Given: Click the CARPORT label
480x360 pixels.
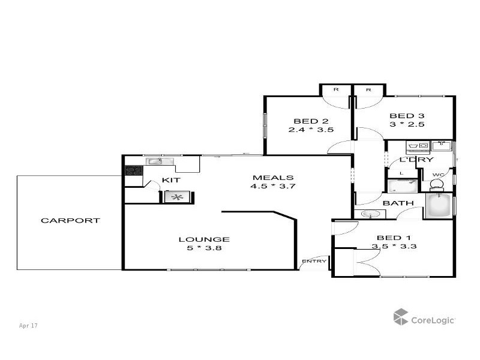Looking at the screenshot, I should [70, 221].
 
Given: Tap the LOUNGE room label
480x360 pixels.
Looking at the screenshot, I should [204, 239].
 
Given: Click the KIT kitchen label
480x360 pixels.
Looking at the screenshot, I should [171, 180].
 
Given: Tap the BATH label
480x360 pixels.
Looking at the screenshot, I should [398, 203].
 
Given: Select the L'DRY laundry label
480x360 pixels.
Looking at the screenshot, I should [416, 160].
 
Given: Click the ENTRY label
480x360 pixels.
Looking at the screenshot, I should [314, 261].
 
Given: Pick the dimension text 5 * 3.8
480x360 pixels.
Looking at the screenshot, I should [204, 248].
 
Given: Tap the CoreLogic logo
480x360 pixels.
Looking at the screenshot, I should [424, 319].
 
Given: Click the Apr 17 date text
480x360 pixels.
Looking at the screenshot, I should [28, 326].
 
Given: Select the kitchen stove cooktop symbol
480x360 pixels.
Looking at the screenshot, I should [133, 170].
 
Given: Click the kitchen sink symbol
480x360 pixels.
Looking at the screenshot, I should [154, 161].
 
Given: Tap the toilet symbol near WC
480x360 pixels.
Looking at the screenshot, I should [436, 184].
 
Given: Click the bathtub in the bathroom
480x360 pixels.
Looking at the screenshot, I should [440, 206].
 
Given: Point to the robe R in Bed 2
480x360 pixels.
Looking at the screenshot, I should [336, 89].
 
